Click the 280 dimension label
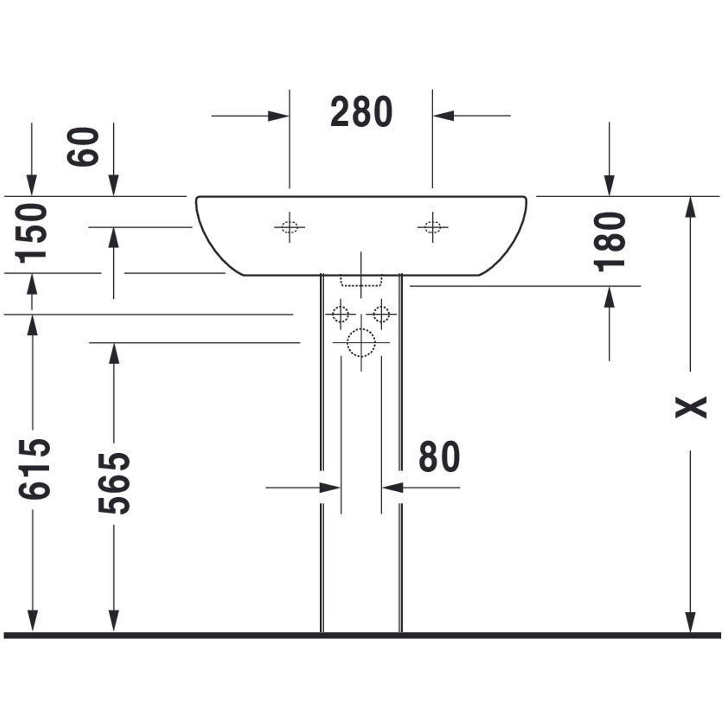[x=362, y=111]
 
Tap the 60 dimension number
[x=83, y=147]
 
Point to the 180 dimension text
[x=609, y=242]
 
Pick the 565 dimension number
[x=114, y=483]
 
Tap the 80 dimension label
[x=439, y=456]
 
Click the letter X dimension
[x=691, y=407]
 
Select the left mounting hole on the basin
[x=289, y=227]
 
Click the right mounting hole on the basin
[x=433, y=227]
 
